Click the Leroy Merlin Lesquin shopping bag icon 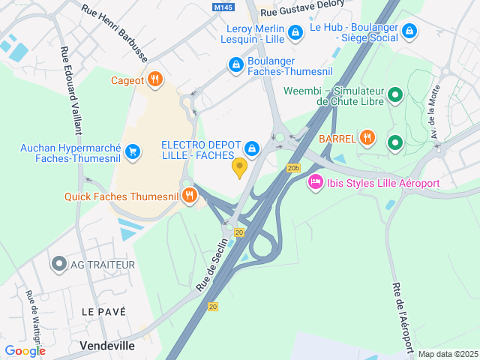click(x=296, y=32)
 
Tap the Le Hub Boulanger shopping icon click(x=409, y=31)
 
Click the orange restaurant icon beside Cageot click(x=155, y=79)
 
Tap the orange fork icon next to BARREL click(x=367, y=137)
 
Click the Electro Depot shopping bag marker click(x=253, y=148)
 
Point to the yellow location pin click(x=240, y=168)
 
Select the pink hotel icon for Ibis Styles click(x=316, y=182)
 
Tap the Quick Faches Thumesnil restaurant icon click(x=189, y=196)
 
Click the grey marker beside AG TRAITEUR click(x=59, y=264)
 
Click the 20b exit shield click(x=293, y=168)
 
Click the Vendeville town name click(x=107, y=346)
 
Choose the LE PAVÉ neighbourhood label click(x=103, y=311)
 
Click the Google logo click(x=25, y=350)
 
